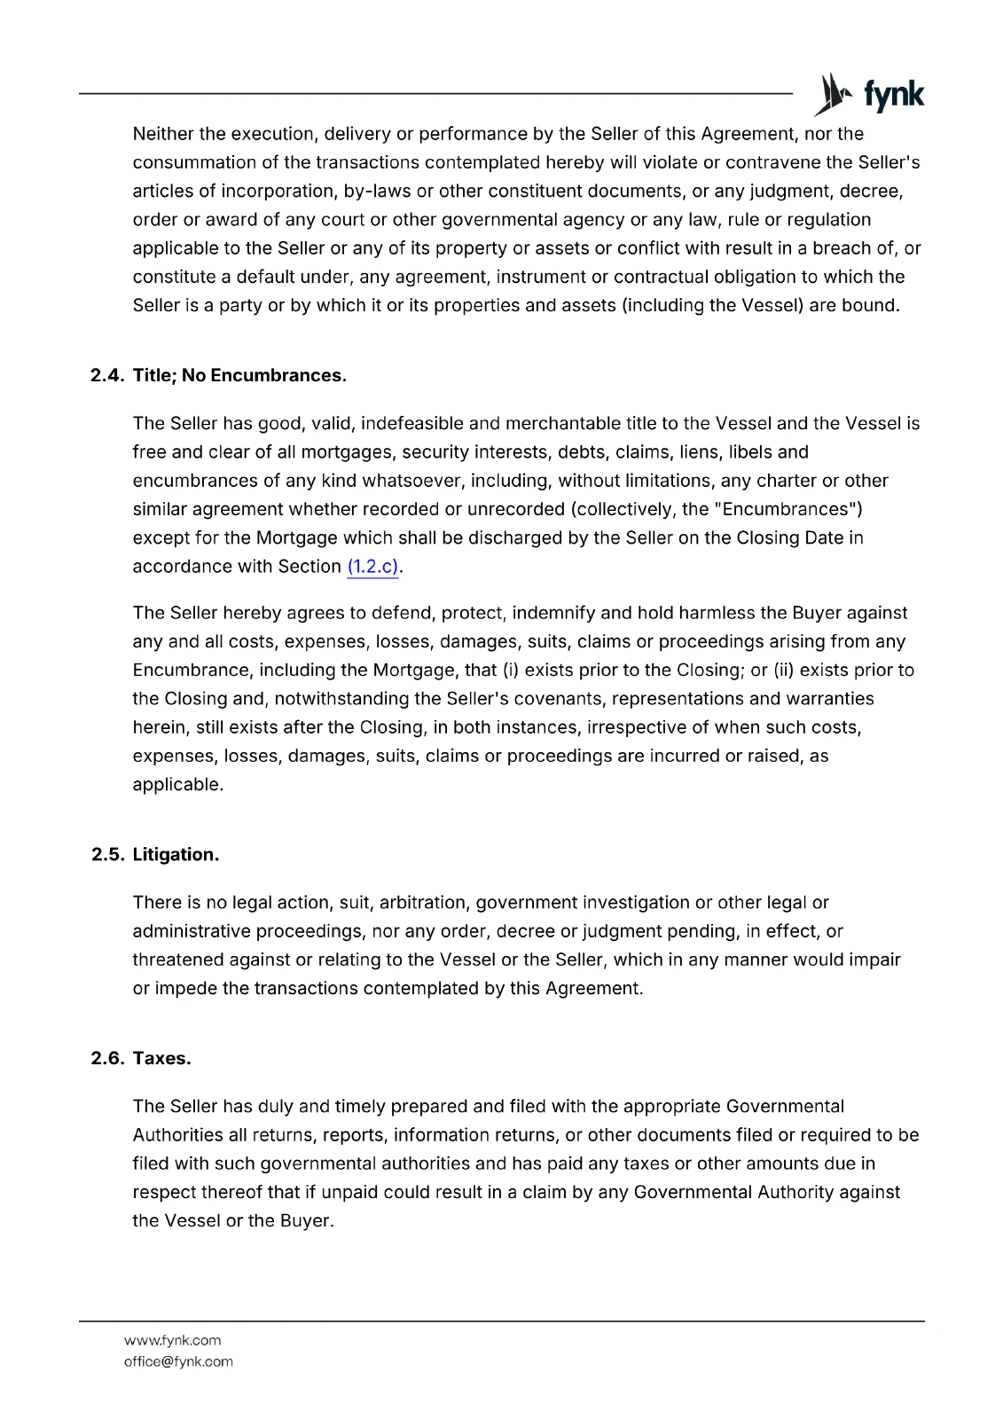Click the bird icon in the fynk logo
833,94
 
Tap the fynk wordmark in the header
893,95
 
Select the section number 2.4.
107,375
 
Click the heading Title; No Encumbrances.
239,375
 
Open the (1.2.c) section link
372,567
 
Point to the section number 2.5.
107,854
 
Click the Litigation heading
176,854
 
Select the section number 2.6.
107,1058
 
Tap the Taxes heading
161,1058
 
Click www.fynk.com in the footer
172,1340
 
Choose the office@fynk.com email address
178,1361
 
